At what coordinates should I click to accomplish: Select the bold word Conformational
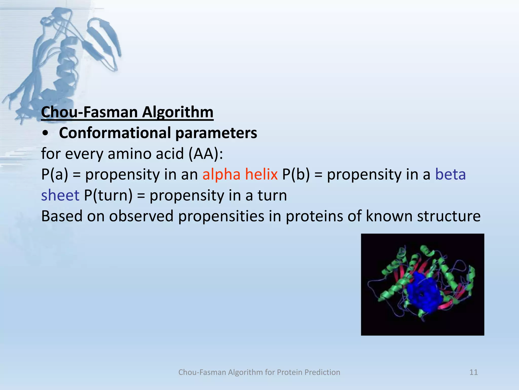coord(115,133)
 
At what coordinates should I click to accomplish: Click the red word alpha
coord(221,175)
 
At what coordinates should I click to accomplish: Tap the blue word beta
coord(450,175)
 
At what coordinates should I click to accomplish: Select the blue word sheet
coord(60,196)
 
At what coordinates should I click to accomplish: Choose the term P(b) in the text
coord(296,175)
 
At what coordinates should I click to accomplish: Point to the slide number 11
coord(473,372)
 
